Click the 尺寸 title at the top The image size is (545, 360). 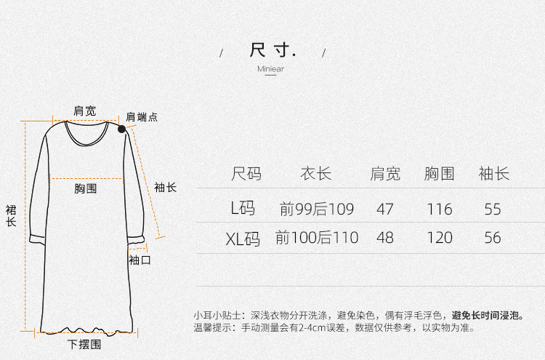pos(272,50)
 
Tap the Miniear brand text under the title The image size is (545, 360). pos(270,69)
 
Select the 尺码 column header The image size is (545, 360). pos(246,174)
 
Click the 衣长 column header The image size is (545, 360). pos(316,174)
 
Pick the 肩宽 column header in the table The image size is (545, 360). pos(385,174)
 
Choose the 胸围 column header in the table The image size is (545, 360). pos(440,174)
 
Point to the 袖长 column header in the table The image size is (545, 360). pos(493,174)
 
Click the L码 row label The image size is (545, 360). pos(243,209)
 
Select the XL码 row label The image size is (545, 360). pos(242,238)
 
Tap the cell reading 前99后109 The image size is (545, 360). pos(316,209)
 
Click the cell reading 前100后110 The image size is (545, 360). pos(316,238)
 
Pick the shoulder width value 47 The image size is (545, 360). pos(385,209)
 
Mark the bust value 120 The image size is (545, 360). pos(440,238)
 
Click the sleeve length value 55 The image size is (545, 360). pos(493,209)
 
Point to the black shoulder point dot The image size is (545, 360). pos(121,129)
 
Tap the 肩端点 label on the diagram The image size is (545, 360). pos(142,116)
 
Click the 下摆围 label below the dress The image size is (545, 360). pos(84,344)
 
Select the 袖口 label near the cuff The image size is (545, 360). pos(140,259)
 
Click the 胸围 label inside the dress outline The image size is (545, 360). pos(85,188)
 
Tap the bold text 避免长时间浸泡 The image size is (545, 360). pos(487,316)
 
